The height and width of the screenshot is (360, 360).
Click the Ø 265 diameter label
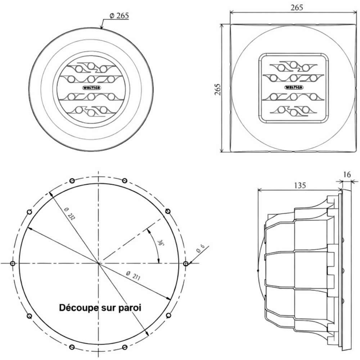119,15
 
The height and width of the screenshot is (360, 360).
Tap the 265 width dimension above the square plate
297,7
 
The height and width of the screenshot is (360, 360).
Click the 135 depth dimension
300,185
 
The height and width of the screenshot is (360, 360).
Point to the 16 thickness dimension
347,175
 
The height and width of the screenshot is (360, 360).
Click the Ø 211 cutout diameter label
133,275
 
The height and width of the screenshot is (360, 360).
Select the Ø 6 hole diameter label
201,249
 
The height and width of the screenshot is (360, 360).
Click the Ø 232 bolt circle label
70,214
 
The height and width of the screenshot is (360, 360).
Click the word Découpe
79,308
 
